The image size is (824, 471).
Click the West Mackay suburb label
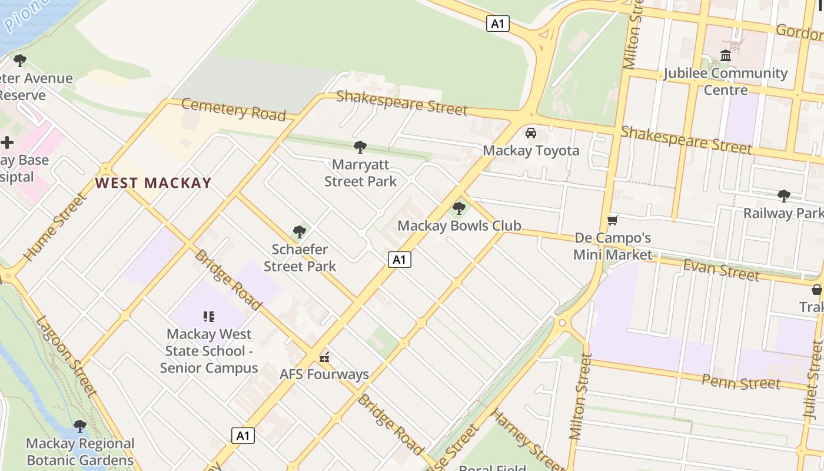click(x=153, y=183)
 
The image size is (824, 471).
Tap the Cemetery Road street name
click(x=233, y=109)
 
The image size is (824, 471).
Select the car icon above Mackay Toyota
click(x=531, y=133)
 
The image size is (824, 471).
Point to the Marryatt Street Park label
click(x=360, y=173)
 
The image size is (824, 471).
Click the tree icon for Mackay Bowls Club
click(x=459, y=208)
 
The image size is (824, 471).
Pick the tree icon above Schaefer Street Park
click(x=300, y=232)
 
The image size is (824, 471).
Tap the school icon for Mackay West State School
click(x=208, y=317)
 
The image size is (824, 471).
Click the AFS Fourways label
click(x=324, y=374)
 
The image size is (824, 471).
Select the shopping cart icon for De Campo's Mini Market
click(x=613, y=221)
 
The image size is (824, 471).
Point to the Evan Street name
click(x=721, y=270)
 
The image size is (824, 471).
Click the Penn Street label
click(x=740, y=382)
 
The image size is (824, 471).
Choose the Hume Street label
click(x=55, y=227)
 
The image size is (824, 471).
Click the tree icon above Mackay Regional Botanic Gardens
click(x=80, y=426)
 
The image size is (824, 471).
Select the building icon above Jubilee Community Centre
click(x=726, y=56)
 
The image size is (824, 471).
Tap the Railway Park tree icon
click(x=783, y=195)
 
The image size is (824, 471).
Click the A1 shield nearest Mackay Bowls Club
click(x=399, y=260)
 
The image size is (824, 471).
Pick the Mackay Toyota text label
click(x=531, y=151)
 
